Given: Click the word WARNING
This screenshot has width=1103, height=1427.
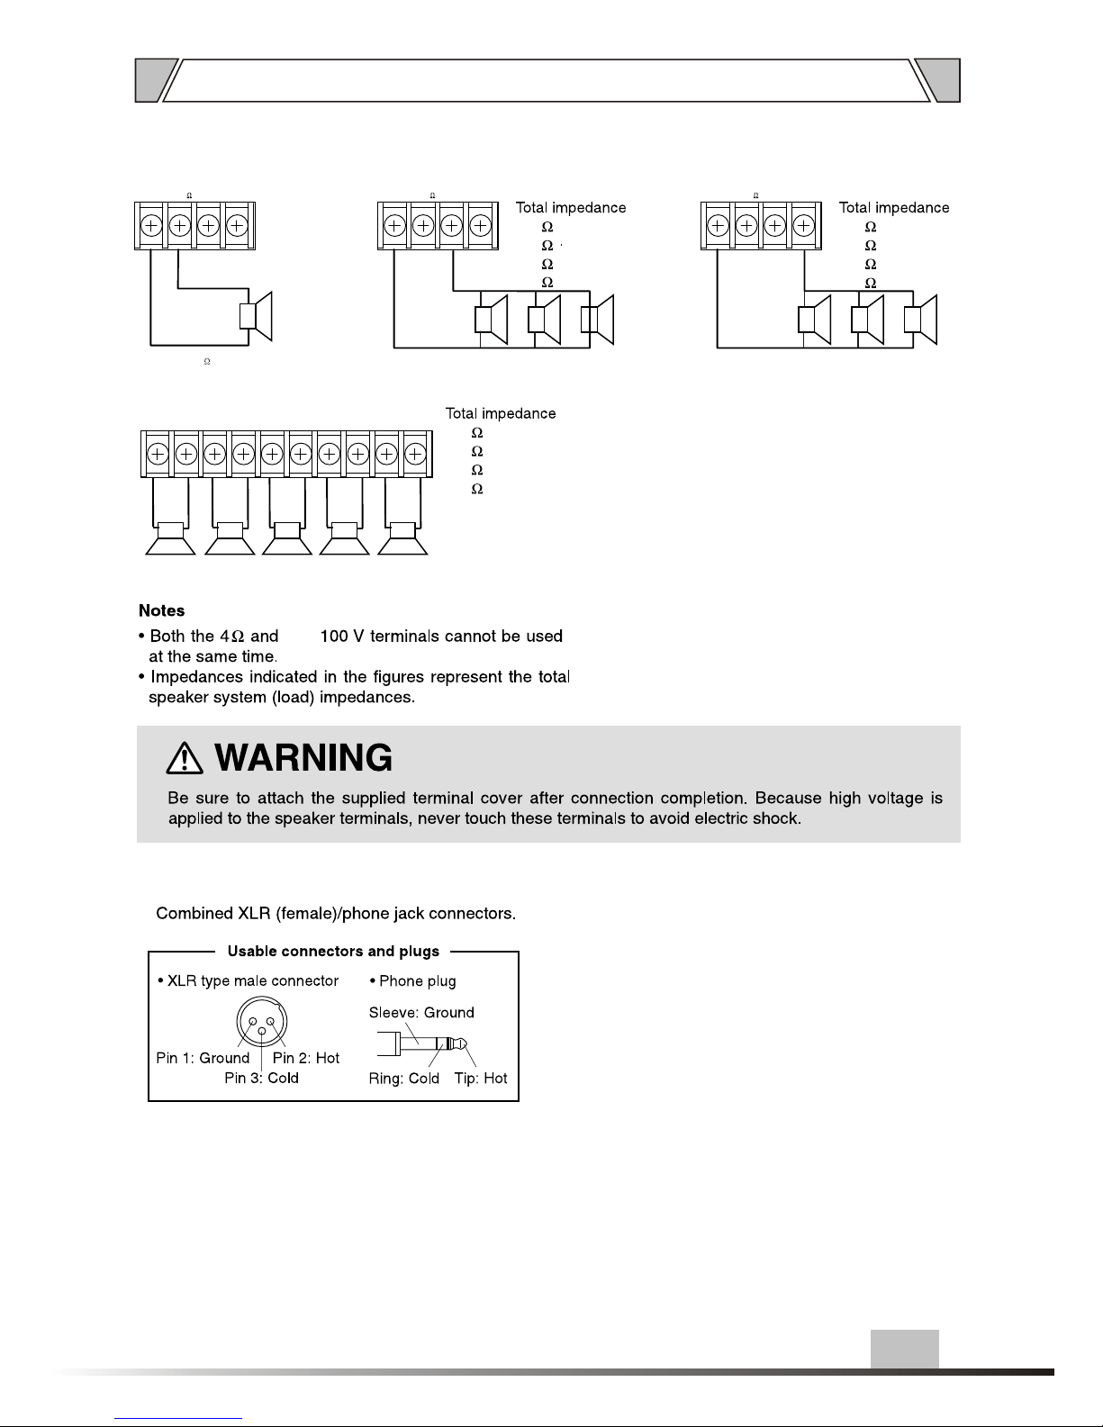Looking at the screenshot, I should tap(305, 759).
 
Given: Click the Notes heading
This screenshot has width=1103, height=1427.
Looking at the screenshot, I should tap(161, 610).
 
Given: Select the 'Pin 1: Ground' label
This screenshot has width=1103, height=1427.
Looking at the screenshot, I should tap(203, 1058).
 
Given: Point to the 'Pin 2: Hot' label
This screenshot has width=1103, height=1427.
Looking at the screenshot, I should tap(306, 1058).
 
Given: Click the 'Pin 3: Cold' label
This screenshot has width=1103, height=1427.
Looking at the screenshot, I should tap(261, 1078).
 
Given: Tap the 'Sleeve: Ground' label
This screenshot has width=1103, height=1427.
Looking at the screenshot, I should tap(421, 1012).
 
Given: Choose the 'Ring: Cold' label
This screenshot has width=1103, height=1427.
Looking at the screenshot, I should tap(404, 1079).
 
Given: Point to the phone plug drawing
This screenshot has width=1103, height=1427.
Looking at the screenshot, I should tap(430, 1044).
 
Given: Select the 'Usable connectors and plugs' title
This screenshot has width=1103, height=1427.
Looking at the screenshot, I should tap(333, 951).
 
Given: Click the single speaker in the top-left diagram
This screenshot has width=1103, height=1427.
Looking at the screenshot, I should tap(256, 317).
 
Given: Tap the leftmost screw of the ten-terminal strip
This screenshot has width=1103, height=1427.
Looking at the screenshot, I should tap(157, 455).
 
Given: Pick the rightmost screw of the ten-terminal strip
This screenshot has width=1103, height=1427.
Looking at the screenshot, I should tap(414, 455).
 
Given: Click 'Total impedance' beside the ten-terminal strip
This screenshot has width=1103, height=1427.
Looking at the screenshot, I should tap(501, 414).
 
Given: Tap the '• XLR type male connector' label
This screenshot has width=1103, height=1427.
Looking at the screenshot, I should tap(248, 980).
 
